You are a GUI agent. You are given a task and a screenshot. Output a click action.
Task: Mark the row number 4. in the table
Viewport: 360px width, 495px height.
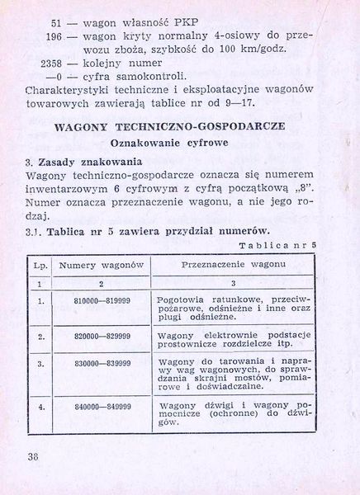pos(40,408)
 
